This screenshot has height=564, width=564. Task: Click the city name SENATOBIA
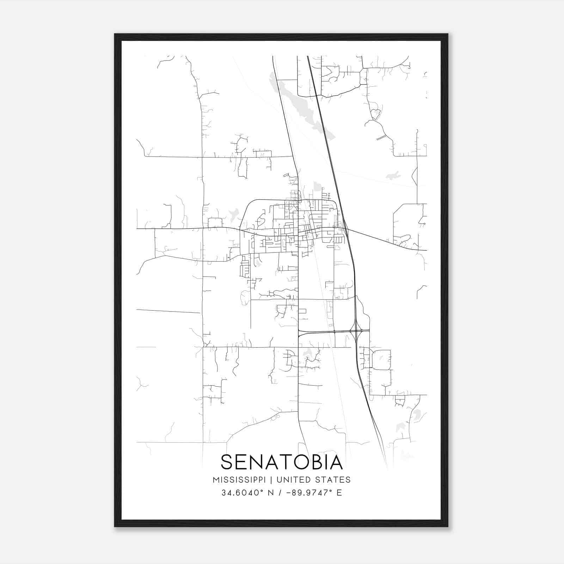(282, 462)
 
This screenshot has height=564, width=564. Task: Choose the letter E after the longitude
(339, 492)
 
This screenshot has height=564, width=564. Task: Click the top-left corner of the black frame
(115, 35)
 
